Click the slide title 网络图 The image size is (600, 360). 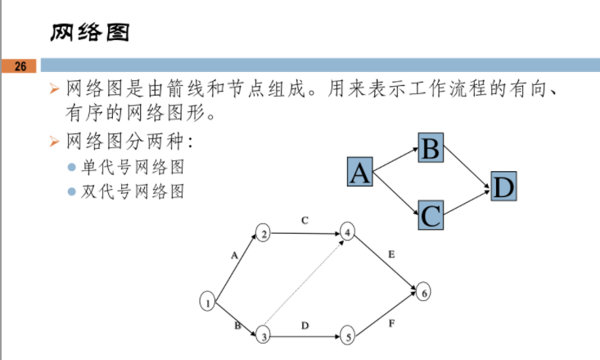tap(90, 32)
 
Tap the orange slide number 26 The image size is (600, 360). tap(20, 65)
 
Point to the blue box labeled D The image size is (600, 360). tap(503, 187)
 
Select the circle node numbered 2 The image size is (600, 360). tap(263, 233)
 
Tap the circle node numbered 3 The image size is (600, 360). tap(263, 335)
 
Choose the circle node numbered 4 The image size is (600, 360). tap(348, 232)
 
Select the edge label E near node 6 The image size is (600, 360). tap(391, 255)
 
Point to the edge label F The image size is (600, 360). tap(391, 324)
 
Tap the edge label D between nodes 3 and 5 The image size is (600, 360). tap(305, 326)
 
